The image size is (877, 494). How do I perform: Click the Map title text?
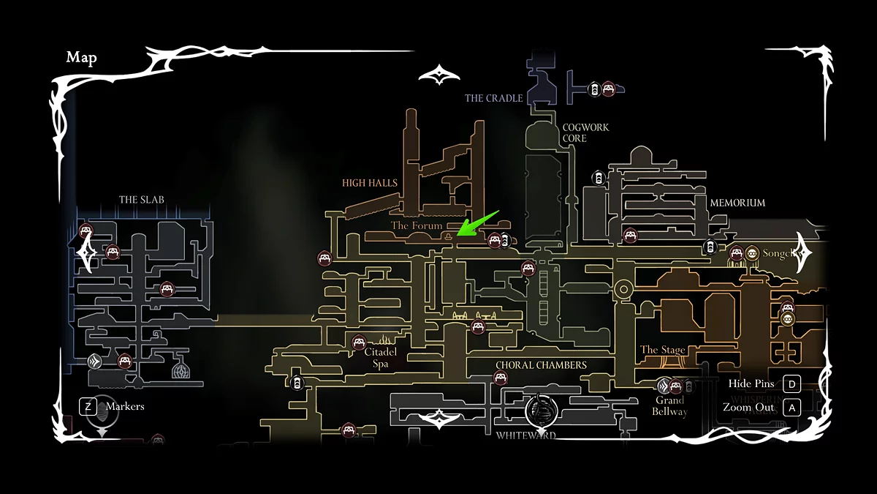[81, 58]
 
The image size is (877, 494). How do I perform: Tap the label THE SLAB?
[142, 200]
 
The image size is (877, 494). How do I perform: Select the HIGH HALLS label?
[370, 183]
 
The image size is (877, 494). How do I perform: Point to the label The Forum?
[417, 225]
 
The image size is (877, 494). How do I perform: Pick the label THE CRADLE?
[494, 98]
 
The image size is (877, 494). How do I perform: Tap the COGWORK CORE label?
[585, 132]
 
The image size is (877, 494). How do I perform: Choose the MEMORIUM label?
[737, 203]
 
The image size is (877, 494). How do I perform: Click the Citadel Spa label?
[380, 357]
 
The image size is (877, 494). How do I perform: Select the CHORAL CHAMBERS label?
[541, 365]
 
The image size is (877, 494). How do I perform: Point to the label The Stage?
[663, 350]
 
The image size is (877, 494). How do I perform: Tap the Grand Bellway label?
[669, 405]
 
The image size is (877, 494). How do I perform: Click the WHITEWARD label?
[525, 435]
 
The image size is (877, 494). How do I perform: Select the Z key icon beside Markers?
[88, 406]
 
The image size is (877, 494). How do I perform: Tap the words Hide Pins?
[751, 383]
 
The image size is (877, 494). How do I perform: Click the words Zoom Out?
[748, 408]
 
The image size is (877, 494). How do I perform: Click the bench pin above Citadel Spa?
[359, 342]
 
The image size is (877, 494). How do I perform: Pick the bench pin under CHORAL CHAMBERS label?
[501, 378]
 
